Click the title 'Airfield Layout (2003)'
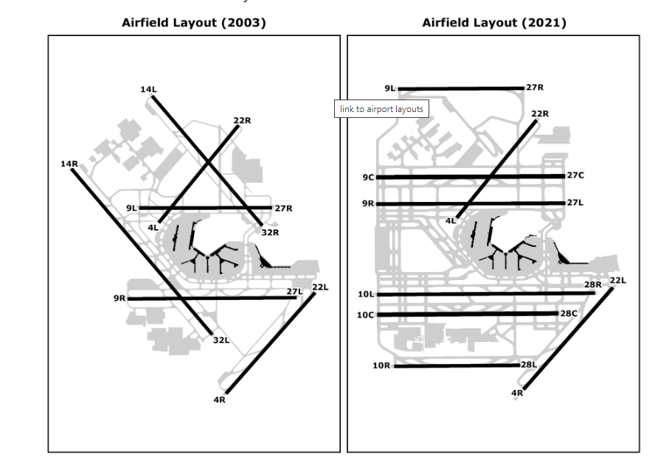(193, 23)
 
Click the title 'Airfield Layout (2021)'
(493, 23)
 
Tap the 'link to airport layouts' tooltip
(381, 109)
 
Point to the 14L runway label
(148, 89)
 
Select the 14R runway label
(69, 163)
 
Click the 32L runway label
(221, 340)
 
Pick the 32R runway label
(270, 232)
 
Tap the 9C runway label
(368, 177)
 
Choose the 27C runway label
(575, 175)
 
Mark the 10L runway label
(366, 294)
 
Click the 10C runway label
(366, 315)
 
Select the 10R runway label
(381, 365)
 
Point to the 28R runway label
(593, 284)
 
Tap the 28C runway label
(568, 313)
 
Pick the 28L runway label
(529, 364)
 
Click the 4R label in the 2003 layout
(219, 399)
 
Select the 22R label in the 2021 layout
(540, 113)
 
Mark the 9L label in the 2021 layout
(389, 88)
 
